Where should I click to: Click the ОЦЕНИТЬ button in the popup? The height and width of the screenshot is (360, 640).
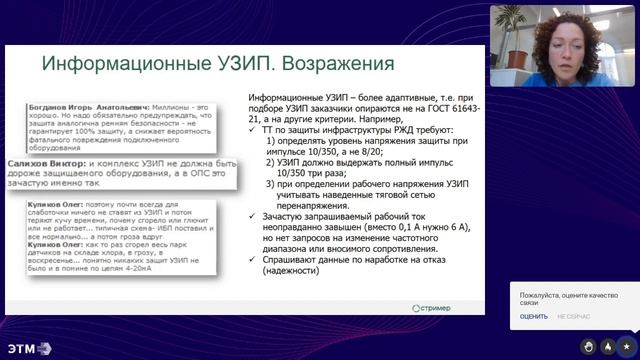point(534,315)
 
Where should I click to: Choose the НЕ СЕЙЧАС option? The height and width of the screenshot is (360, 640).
point(574,315)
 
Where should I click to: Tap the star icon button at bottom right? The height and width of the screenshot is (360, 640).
point(626,346)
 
